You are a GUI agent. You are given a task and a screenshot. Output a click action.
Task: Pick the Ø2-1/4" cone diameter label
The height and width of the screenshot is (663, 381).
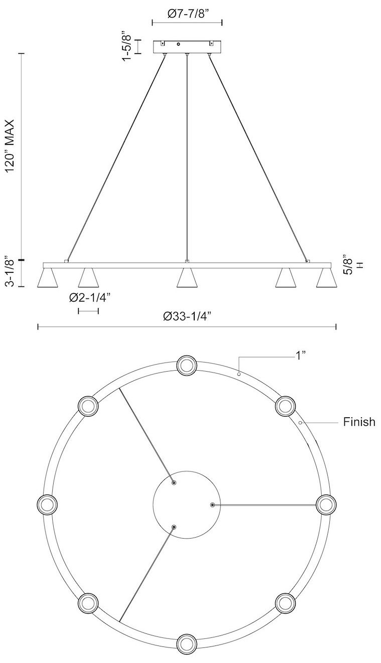click(89, 298)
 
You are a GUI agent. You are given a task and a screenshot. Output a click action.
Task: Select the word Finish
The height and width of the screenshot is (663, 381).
click(359, 422)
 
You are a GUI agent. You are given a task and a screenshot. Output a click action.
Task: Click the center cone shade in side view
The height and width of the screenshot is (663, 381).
click(187, 278)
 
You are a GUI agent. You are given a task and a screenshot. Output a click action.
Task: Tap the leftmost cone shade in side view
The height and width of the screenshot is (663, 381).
click(47, 278)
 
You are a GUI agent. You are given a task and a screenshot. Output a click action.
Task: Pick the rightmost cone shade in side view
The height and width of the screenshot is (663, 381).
click(326, 278)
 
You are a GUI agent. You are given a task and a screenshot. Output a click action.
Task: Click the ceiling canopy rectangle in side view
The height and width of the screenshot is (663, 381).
click(187, 47)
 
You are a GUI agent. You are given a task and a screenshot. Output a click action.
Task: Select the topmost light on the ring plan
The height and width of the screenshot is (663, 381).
click(186, 365)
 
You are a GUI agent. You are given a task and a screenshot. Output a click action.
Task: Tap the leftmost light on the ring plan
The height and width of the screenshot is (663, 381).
click(48, 504)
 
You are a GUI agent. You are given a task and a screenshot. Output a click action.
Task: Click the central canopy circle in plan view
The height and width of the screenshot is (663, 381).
click(186, 504)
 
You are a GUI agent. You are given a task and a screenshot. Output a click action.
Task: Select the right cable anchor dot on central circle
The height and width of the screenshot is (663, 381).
click(213, 504)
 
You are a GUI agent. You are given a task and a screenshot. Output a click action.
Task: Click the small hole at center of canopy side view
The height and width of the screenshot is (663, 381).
click(178, 45)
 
